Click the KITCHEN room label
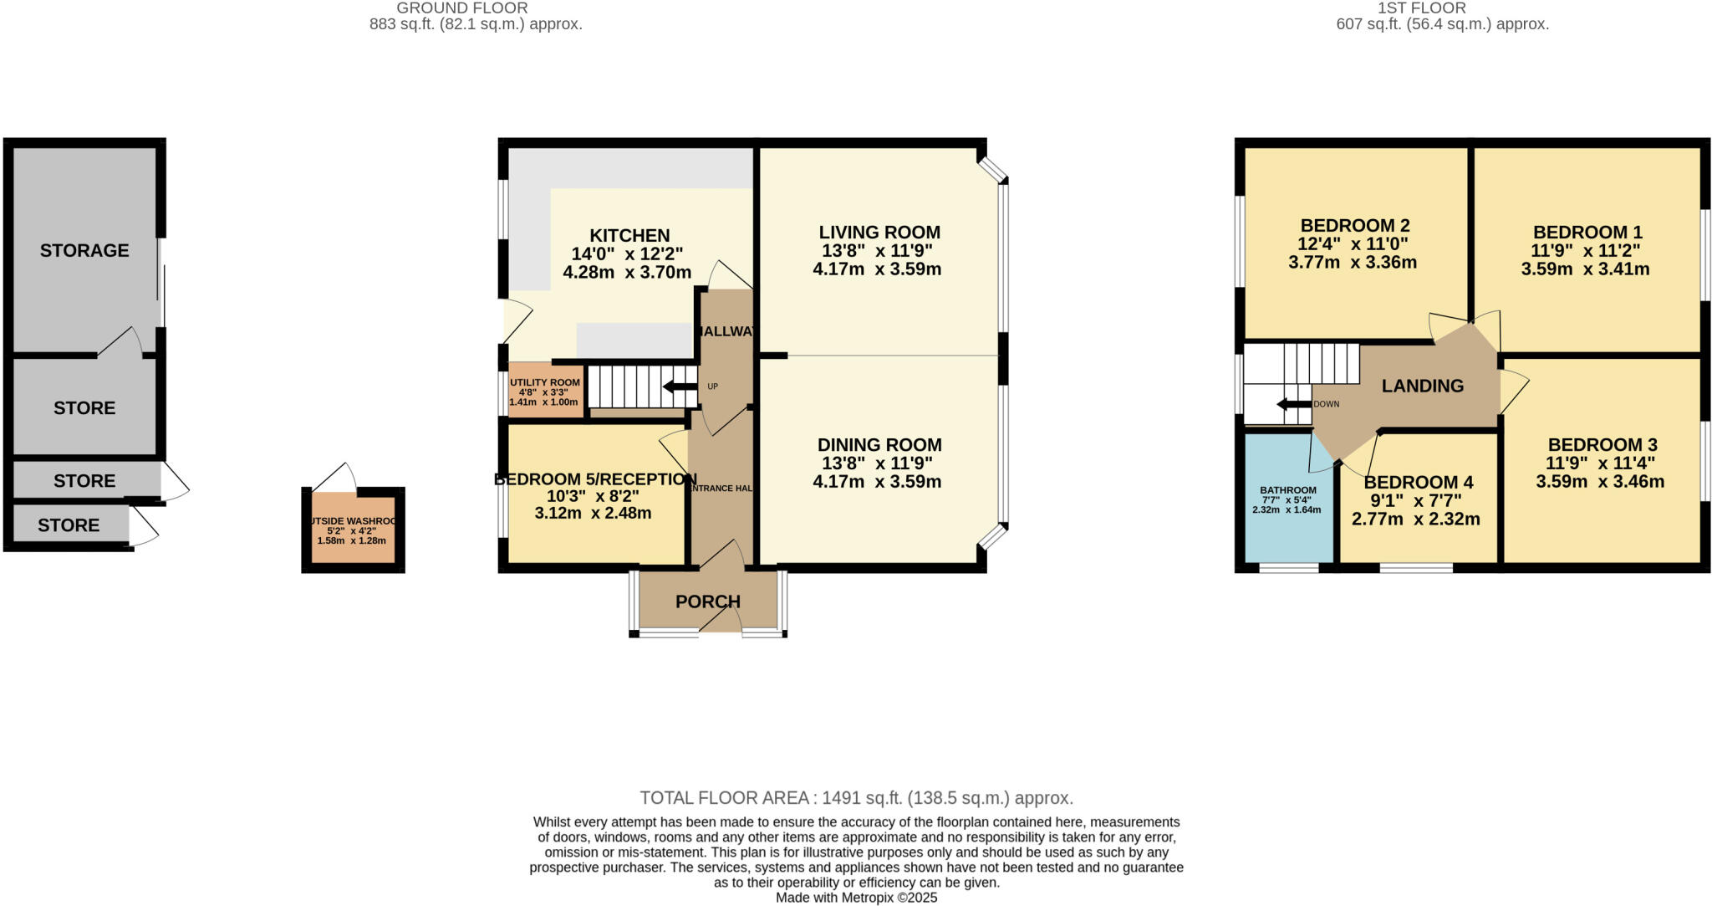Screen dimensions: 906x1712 629,236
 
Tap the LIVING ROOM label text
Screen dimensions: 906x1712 879,233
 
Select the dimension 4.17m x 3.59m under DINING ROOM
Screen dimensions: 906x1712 877,482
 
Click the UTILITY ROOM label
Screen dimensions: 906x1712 544,382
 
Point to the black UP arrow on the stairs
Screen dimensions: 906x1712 680,386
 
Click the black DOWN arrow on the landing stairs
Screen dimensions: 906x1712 1293,405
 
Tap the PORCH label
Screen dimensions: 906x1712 707,601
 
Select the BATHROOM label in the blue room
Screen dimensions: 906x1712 1287,490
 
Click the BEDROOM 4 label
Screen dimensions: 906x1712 1418,483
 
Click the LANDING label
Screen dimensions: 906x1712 1422,386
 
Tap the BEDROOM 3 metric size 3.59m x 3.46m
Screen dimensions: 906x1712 1599,482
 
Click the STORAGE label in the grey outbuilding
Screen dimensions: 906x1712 84,250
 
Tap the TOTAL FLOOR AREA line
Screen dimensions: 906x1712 856,797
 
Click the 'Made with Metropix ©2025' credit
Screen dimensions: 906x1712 856,898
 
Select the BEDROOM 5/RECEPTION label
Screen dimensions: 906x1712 594,479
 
